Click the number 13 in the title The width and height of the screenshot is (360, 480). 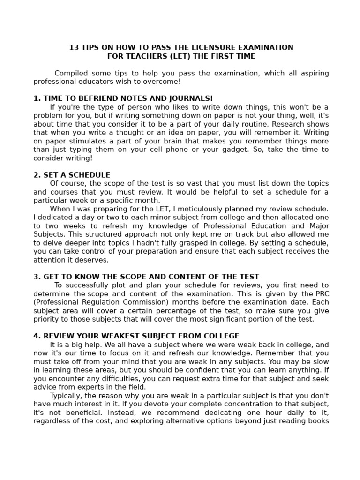pyautogui.click(x=74, y=47)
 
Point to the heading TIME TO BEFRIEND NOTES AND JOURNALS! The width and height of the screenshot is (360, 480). pyautogui.click(x=123, y=98)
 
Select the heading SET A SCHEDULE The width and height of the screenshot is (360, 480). pyautogui.click(x=72, y=175)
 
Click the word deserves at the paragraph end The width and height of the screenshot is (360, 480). pyautogui.click(x=92, y=260)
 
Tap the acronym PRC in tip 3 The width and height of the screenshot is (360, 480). pyautogui.click(x=321, y=293)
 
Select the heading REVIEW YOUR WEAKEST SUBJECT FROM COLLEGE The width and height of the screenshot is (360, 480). pyautogui.click(x=136, y=336)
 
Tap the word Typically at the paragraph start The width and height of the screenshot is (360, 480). pyautogui.click(x=66, y=395)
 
